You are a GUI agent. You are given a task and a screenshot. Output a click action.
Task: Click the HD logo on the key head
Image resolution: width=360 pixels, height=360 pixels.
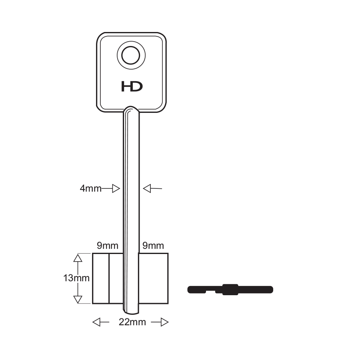132,86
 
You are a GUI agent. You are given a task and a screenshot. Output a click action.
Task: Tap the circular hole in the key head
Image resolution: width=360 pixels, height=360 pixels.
131,55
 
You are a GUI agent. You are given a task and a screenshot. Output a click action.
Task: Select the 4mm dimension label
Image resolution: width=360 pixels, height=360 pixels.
90,189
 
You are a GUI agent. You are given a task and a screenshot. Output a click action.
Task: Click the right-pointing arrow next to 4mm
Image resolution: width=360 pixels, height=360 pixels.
111,189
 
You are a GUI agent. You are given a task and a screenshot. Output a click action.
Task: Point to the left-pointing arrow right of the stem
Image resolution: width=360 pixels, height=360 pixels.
152,188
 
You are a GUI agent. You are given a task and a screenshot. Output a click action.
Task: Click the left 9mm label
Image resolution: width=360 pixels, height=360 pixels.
107,246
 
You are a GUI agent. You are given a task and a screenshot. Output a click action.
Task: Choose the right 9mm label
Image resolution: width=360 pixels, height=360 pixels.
153,246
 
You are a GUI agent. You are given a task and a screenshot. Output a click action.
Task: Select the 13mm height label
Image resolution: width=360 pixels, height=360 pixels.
76,278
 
